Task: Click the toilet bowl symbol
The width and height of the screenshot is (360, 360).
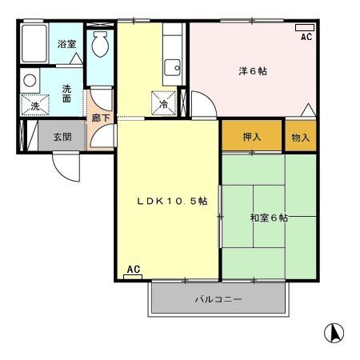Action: tap(100, 44)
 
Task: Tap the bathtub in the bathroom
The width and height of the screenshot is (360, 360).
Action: tap(34, 43)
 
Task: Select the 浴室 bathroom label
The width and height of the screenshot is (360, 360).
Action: tap(66, 44)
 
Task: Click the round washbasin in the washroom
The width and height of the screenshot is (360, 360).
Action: tap(30, 80)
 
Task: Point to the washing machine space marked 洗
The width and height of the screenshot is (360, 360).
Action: tap(35, 105)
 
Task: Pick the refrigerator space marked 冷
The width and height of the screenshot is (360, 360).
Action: tap(164, 103)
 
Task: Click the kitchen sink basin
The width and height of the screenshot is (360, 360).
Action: tap(173, 67)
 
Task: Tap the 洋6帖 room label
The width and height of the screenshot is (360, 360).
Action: tap(253, 71)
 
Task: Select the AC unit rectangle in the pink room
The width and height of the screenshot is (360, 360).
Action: tap(305, 27)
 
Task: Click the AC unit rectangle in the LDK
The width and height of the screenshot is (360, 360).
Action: tap(133, 277)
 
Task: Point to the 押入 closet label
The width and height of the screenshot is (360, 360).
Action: tap(252, 137)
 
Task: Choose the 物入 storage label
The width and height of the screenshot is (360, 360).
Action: tap(301, 138)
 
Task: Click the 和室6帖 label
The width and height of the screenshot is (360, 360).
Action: tap(269, 218)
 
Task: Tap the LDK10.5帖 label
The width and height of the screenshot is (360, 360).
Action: tap(172, 201)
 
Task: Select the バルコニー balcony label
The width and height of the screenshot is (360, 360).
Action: tap(218, 299)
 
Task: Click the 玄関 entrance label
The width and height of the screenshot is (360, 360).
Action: tap(62, 137)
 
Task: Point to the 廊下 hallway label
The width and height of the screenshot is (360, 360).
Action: tap(101, 118)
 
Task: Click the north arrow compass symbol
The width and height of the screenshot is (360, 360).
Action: tap(334, 333)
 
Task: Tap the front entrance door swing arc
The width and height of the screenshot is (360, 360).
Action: tap(62, 174)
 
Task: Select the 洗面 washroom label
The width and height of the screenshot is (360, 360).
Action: tap(66, 94)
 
